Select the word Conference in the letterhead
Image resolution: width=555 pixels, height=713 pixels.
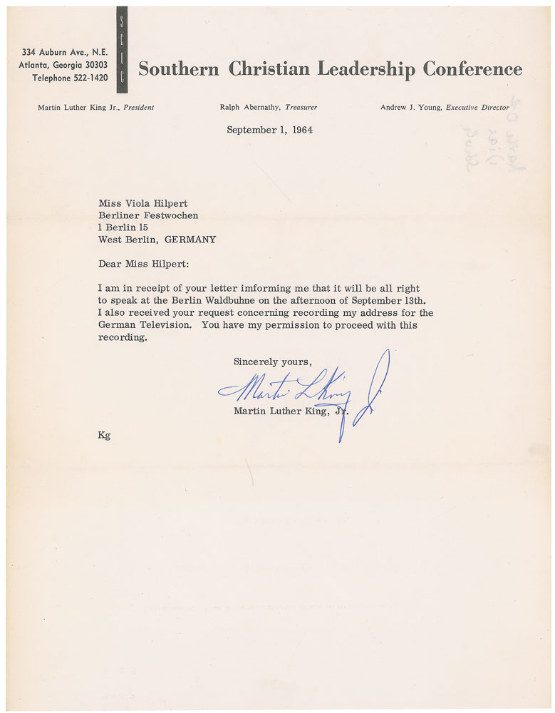(472, 69)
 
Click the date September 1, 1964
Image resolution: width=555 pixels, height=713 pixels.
(269, 130)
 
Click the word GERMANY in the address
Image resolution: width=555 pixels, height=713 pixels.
(190, 240)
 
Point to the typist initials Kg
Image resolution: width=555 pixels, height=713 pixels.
(104, 435)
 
